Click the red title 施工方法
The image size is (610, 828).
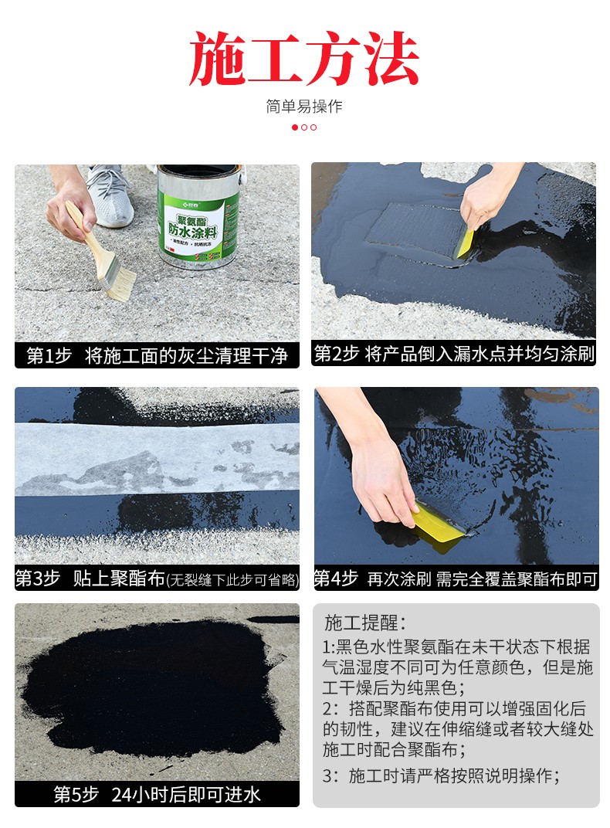click(304, 58)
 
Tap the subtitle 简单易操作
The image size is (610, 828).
click(304, 106)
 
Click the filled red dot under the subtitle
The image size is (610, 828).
click(295, 127)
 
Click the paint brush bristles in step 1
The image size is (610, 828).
click(118, 281)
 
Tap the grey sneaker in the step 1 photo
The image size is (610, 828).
click(109, 195)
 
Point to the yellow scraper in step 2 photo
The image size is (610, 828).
click(464, 243)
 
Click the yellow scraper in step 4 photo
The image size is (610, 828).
click(437, 528)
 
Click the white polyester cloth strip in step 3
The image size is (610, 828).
click(157, 459)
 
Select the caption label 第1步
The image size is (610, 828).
click(49, 355)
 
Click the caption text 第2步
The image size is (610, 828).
click(336, 353)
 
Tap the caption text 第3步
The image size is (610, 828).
click(38, 579)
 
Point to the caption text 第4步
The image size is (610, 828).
click(336, 579)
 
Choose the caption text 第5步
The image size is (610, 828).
click(76, 794)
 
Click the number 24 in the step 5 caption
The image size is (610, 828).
click(122, 795)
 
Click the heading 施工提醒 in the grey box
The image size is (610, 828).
click(361, 623)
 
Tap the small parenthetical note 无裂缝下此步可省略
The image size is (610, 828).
click(232, 580)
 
